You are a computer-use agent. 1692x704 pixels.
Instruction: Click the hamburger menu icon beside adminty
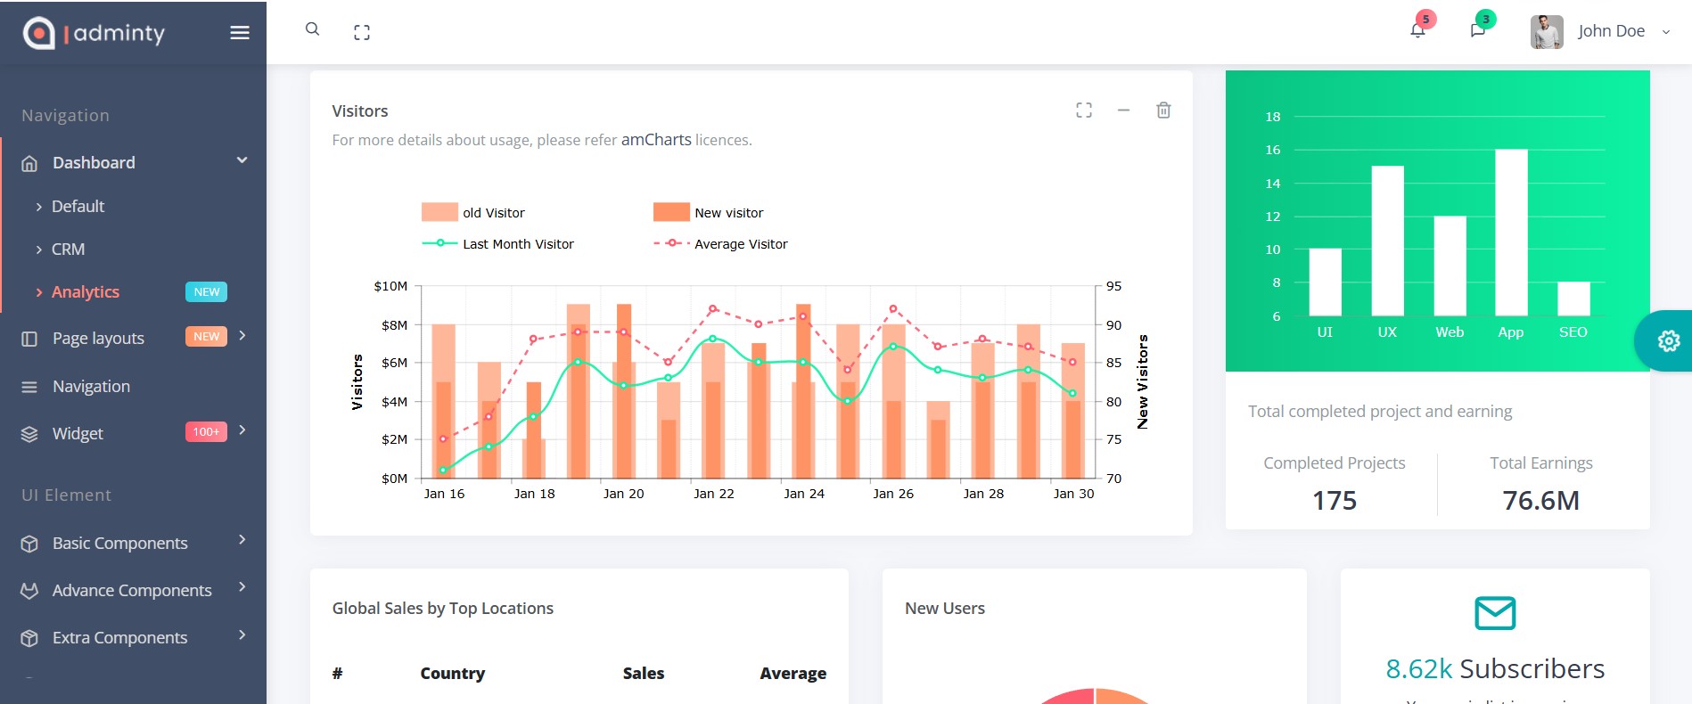pos(239,33)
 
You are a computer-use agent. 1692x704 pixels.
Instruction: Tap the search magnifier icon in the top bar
pos(312,29)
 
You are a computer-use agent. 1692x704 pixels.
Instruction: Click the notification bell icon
pos(1417,31)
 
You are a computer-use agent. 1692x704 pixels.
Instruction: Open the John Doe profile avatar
pos(1547,32)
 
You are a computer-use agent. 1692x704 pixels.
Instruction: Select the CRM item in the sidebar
pos(68,250)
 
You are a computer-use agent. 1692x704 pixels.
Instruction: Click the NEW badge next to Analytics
pos(206,292)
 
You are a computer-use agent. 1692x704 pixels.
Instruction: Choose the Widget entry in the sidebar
pos(78,434)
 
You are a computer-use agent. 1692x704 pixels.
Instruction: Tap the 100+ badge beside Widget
pos(206,432)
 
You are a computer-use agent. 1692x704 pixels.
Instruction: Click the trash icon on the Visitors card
pos(1163,111)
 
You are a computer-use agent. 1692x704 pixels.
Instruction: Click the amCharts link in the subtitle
pos(656,140)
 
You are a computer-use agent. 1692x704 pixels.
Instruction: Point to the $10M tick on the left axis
pos(390,286)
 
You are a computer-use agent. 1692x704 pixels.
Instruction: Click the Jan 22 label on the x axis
pos(714,494)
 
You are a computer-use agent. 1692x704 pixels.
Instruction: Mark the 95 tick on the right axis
pos(1114,286)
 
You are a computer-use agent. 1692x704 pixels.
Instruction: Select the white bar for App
pos(1511,232)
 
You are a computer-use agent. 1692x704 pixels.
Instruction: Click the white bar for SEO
pos(1573,299)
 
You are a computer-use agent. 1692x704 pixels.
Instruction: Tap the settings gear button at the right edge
pos(1668,340)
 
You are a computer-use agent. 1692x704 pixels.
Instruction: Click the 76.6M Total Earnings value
pos(1540,501)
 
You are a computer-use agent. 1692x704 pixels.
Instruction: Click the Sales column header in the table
pos(644,674)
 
